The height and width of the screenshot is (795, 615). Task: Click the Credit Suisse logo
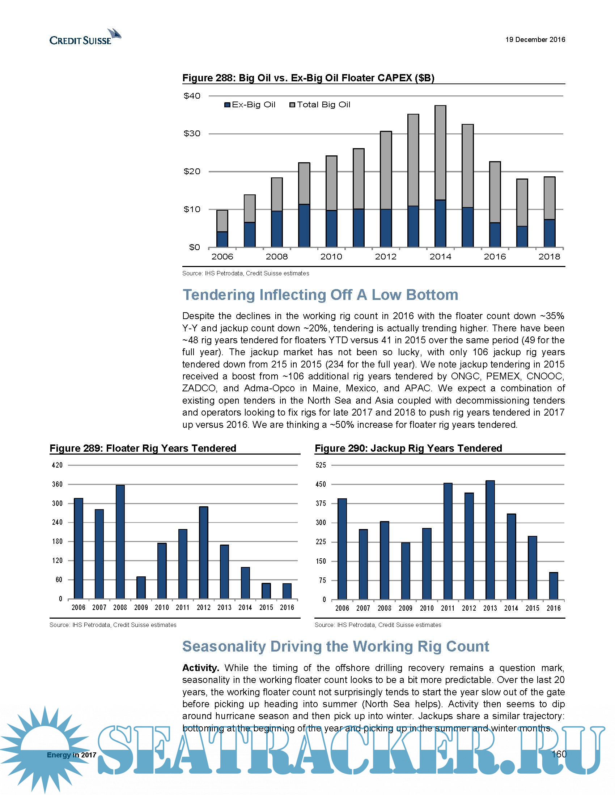tap(85, 38)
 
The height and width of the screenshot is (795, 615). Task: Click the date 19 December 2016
tap(535, 39)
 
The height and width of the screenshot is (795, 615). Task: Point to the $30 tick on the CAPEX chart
tap(192, 134)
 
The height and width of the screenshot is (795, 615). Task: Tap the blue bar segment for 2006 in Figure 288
tap(222, 239)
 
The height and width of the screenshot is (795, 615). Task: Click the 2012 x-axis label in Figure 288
tap(386, 257)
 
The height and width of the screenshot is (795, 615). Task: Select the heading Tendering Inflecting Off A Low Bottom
tap(320, 295)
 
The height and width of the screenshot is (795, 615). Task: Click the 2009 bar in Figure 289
tap(141, 588)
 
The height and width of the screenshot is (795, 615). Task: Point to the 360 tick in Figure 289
tap(58, 484)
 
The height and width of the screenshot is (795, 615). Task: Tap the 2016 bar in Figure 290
tap(553, 586)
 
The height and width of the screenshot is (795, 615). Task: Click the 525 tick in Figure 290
tap(321, 465)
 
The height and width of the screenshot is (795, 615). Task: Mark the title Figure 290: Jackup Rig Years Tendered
tap(408, 448)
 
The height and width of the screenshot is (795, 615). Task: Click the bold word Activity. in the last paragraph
tap(201, 668)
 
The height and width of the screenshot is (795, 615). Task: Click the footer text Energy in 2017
tap(71, 755)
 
